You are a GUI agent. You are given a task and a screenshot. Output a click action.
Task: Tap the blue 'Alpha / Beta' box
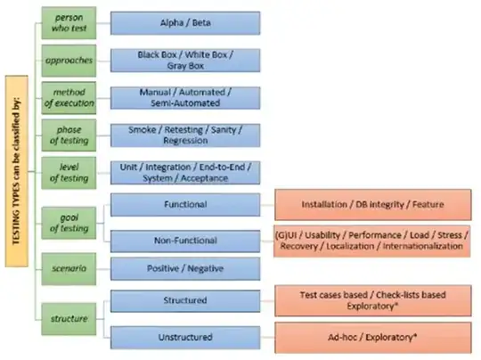pos(184,22)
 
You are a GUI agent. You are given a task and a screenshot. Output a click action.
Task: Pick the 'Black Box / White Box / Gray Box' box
pos(184,59)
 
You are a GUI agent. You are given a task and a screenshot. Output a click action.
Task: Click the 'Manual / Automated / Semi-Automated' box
pos(184,96)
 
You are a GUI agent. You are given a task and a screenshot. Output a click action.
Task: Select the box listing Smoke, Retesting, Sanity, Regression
pos(184,134)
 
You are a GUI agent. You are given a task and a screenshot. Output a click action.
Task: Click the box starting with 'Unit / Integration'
pos(184,171)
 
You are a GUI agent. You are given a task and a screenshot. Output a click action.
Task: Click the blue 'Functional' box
pos(184,205)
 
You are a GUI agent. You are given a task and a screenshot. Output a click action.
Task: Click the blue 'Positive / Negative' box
pos(184,267)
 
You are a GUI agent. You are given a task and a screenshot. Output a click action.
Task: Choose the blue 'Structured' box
pos(184,301)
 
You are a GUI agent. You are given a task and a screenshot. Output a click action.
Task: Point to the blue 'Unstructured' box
pos(184,337)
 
